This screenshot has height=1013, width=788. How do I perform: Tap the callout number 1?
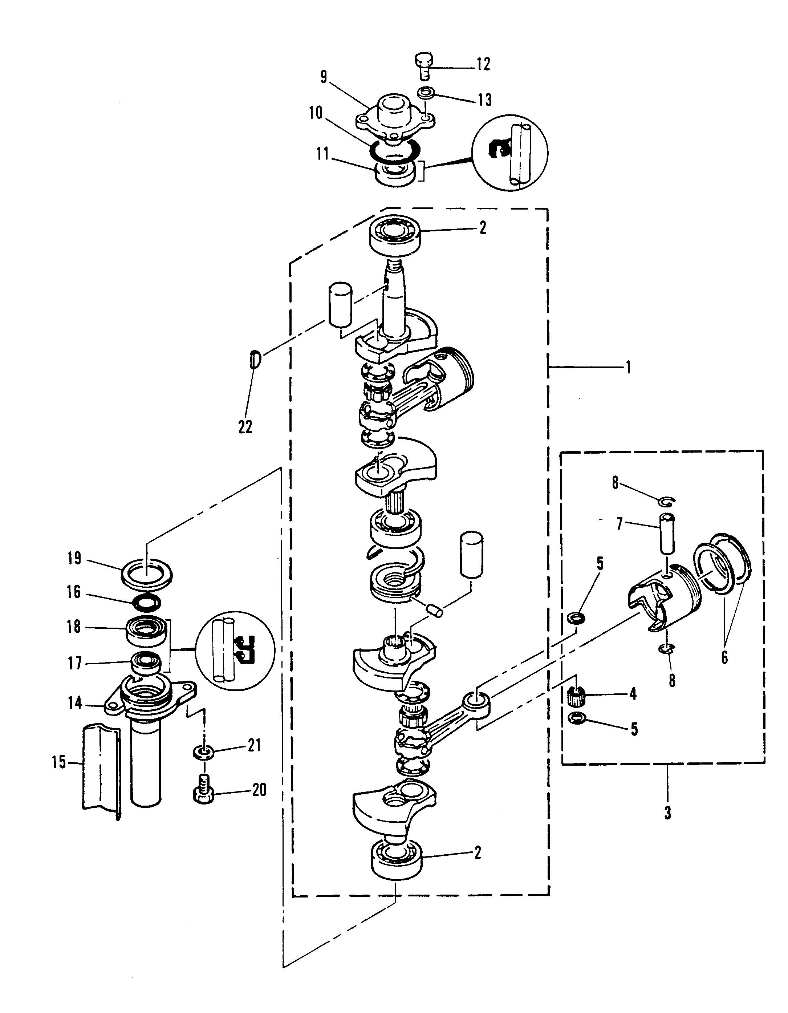[629, 368]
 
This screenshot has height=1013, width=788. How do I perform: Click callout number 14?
[75, 703]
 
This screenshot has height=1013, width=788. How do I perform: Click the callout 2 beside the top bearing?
[483, 228]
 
